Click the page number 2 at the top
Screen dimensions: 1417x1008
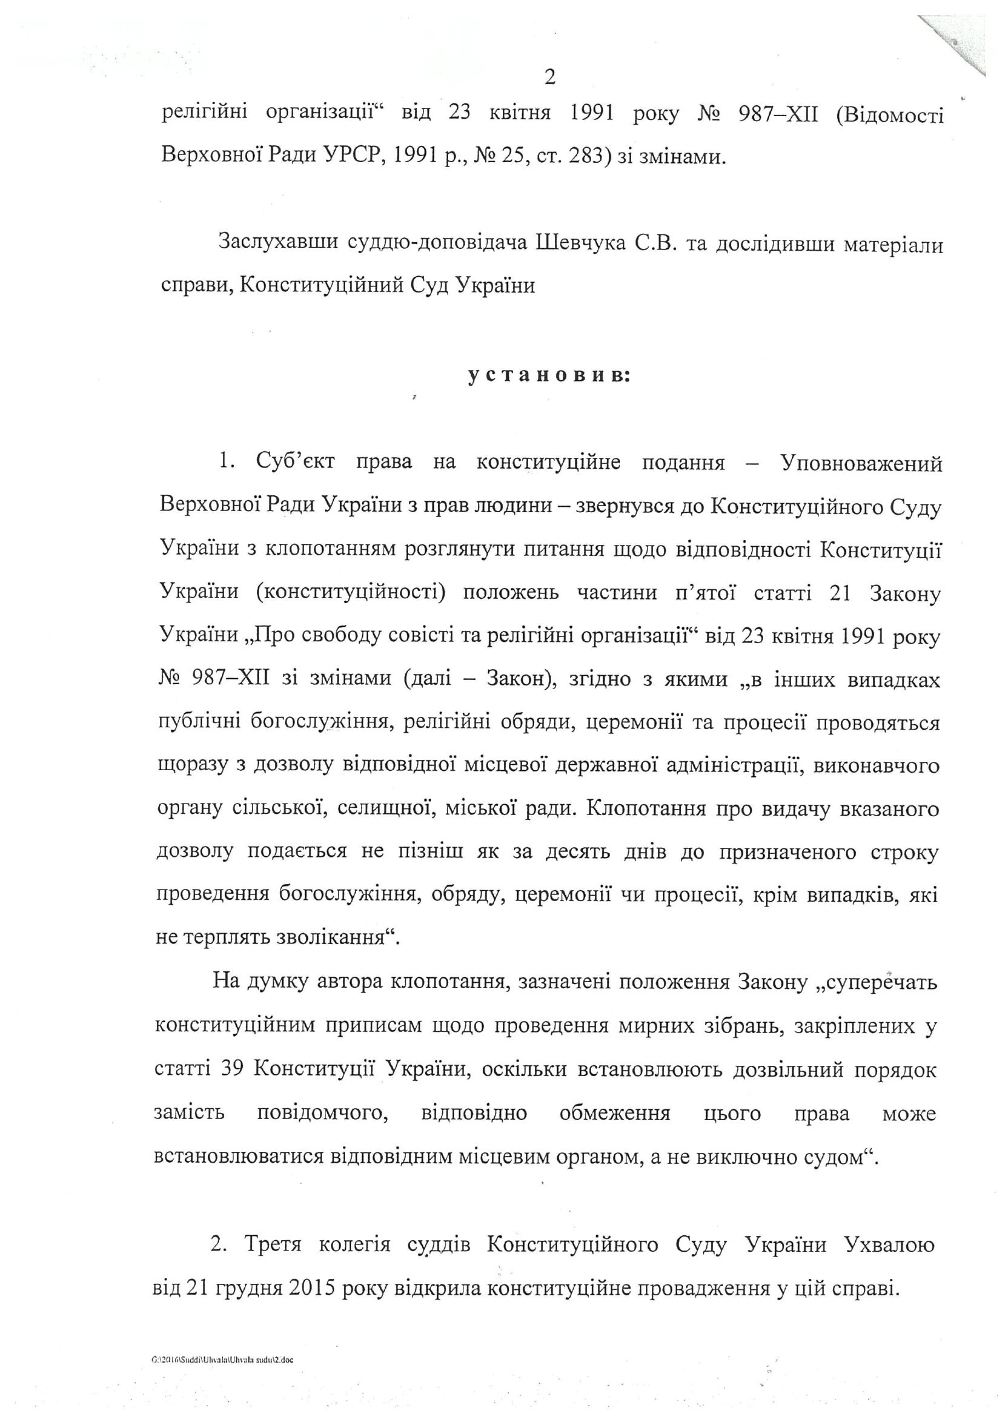click(549, 78)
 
